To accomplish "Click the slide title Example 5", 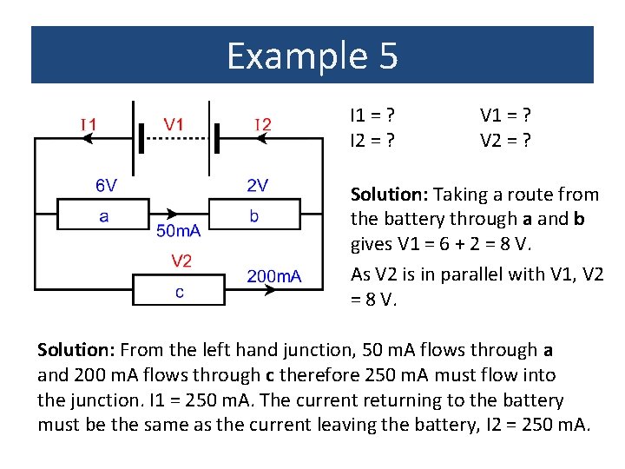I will [x=312, y=56].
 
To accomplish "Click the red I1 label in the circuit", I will [x=89, y=124].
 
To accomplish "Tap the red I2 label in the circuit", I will [x=262, y=124].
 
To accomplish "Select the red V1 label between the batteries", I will [x=174, y=124].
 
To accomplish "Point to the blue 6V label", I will [x=107, y=185].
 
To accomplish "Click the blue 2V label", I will [x=257, y=185].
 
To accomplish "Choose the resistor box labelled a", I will [x=103, y=214].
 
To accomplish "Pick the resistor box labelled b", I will [x=253, y=214].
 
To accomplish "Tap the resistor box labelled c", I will [x=179, y=290].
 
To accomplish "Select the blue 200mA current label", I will [x=273, y=276].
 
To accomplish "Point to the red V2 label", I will [x=181, y=260].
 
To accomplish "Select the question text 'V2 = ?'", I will [x=505, y=137].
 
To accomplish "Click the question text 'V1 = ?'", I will [x=505, y=115].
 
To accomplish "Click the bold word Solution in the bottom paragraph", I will [x=76, y=350].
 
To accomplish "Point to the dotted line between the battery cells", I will [x=174, y=138].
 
